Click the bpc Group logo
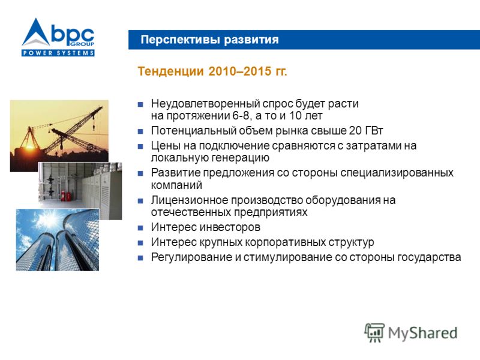[58, 37]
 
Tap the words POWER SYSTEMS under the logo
[58, 53]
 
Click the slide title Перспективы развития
[209, 40]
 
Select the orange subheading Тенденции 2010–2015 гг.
[212, 71]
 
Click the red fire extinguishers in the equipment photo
[62, 196]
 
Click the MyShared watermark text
[423, 333]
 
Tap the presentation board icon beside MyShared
[374, 332]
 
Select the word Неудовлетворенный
[205, 104]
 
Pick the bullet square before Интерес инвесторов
[140, 228]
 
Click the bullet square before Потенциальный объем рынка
[140, 131]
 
